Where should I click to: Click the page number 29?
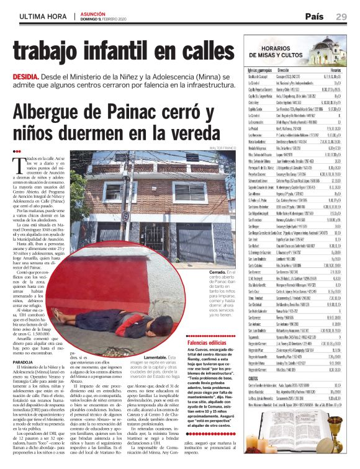click(x=341, y=16)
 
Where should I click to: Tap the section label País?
click(x=313, y=16)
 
